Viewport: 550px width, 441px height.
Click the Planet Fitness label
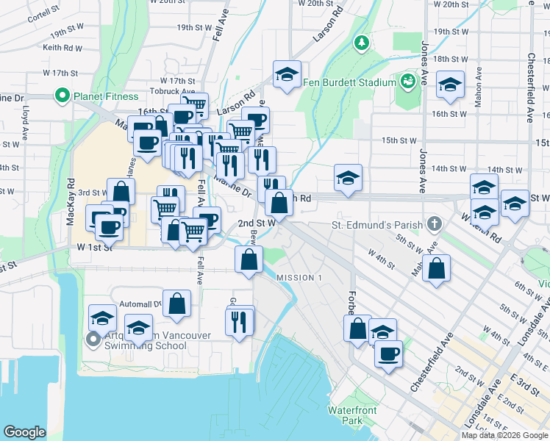pyautogui.click(x=104, y=96)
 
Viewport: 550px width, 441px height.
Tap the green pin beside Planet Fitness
pyautogui.click(x=62, y=96)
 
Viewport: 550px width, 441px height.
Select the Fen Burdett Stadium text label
pyautogui.click(x=349, y=82)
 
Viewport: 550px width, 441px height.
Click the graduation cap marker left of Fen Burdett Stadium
pyautogui.click(x=287, y=73)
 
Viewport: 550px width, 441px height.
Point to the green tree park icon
pyautogui.click(x=361, y=43)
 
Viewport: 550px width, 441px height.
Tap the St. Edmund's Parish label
pyautogui.click(x=377, y=224)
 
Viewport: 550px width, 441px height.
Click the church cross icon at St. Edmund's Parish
pyautogui.click(x=435, y=224)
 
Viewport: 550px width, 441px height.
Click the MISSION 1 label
pyautogui.click(x=299, y=277)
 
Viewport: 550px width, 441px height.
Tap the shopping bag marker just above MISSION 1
pyautogui.click(x=249, y=259)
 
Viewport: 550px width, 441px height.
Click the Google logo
pyautogui.click(x=24, y=432)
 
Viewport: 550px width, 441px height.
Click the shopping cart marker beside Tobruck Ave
pyautogui.click(x=194, y=105)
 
